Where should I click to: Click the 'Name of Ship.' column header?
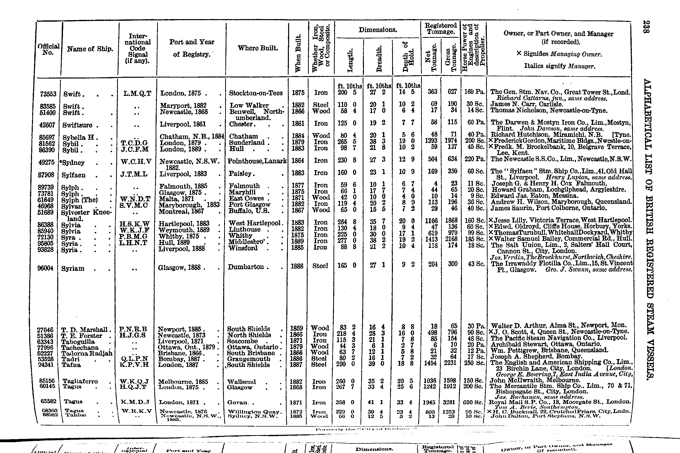point(90,49)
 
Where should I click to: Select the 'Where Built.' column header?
point(258,48)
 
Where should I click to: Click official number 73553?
point(48,94)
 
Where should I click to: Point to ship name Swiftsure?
point(78,125)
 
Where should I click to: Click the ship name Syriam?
point(73,268)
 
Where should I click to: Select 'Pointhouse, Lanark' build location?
point(257,161)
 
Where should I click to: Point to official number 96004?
point(46,268)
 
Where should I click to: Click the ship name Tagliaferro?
point(80,381)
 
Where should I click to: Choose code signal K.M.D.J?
point(135,402)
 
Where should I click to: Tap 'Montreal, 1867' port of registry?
point(182,211)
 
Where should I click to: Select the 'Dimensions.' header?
point(378,30)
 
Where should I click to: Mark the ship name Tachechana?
point(80,347)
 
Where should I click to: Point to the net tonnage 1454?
point(430,363)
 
